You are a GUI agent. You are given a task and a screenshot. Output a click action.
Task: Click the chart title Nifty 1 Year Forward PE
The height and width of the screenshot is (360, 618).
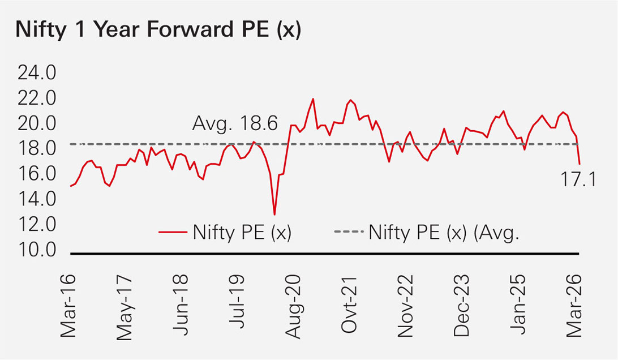(158, 31)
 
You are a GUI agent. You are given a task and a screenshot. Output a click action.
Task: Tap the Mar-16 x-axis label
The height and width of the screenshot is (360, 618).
(70, 306)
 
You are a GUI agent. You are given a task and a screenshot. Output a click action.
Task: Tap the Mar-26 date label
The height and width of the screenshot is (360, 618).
(577, 306)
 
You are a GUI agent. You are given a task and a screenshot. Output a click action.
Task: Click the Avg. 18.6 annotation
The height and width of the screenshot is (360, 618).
(235, 123)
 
